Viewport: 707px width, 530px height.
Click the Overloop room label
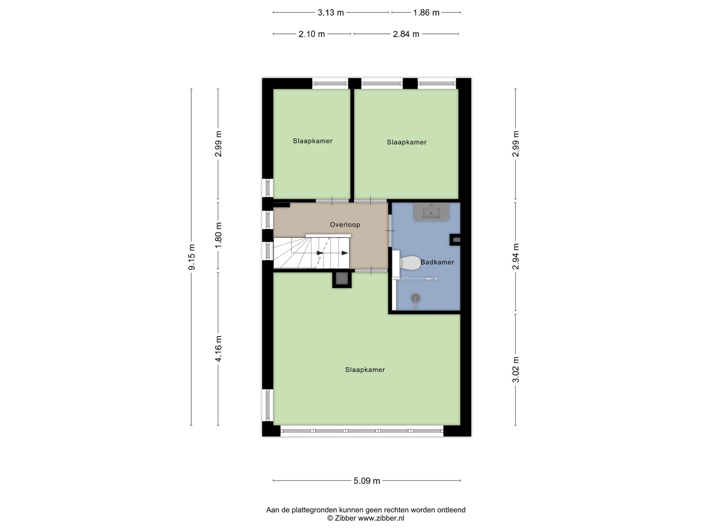click(x=345, y=224)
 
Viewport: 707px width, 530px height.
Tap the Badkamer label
click(x=437, y=262)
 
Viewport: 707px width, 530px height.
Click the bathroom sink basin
click(x=431, y=212)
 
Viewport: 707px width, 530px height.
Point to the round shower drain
click(x=415, y=298)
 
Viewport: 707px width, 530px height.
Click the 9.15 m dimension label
click(x=191, y=257)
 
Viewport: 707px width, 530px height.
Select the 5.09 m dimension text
click(x=367, y=481)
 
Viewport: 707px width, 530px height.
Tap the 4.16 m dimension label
click(x=218, y=348)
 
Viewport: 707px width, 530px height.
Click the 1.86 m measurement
click(x=426, y=13)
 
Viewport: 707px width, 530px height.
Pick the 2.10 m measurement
click(x=311, y=34)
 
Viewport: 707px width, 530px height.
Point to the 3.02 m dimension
click(x=516, y=369)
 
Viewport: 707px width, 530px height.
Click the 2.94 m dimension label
click(x=516, y=256)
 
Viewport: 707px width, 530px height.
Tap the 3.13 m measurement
click(x=331, y=13)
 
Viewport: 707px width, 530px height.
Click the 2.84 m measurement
click(x=406, y=34)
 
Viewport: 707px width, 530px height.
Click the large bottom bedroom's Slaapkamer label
click(x=365, y=370)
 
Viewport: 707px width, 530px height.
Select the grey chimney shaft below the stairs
click(x=342, y=279)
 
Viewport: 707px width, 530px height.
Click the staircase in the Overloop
click(x=311, y=253)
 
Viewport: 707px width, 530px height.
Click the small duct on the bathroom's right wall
click(x=456, y=240)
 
